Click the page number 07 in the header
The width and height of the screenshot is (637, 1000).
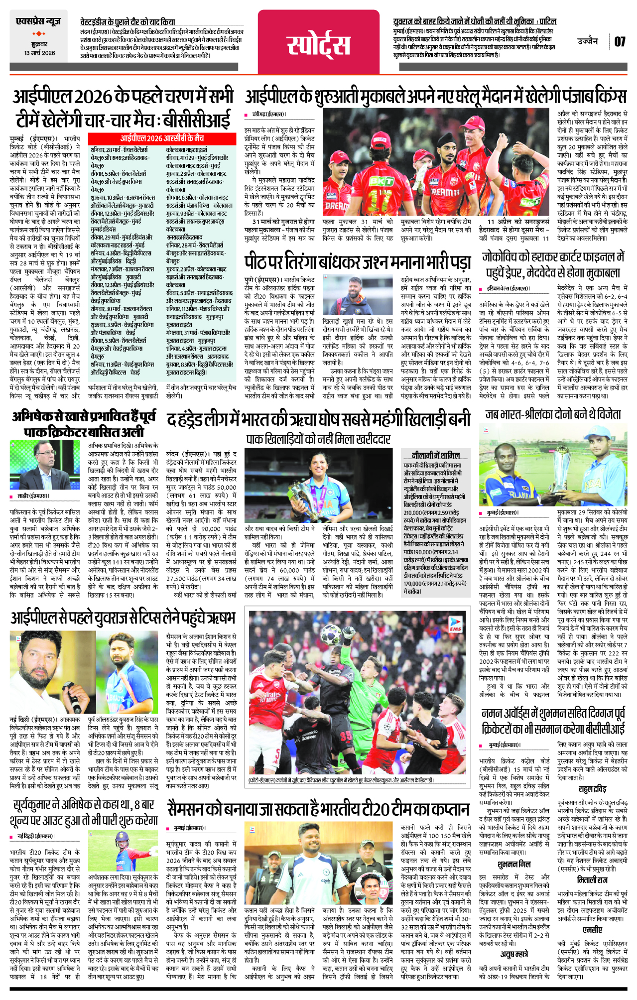pos(620,41)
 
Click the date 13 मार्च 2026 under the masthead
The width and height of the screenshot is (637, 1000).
pos(39,53)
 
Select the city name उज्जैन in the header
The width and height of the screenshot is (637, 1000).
pos(588,41)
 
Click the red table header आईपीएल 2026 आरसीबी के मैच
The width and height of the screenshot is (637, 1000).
pos(162,138)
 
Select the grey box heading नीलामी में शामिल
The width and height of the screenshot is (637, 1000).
pos(436,455)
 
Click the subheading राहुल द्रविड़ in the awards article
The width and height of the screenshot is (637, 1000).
pos(592,789)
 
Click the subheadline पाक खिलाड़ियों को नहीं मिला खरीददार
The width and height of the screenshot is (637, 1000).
pos(318,439)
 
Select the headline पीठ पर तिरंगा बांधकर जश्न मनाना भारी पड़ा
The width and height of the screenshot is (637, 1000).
pos(357,262)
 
